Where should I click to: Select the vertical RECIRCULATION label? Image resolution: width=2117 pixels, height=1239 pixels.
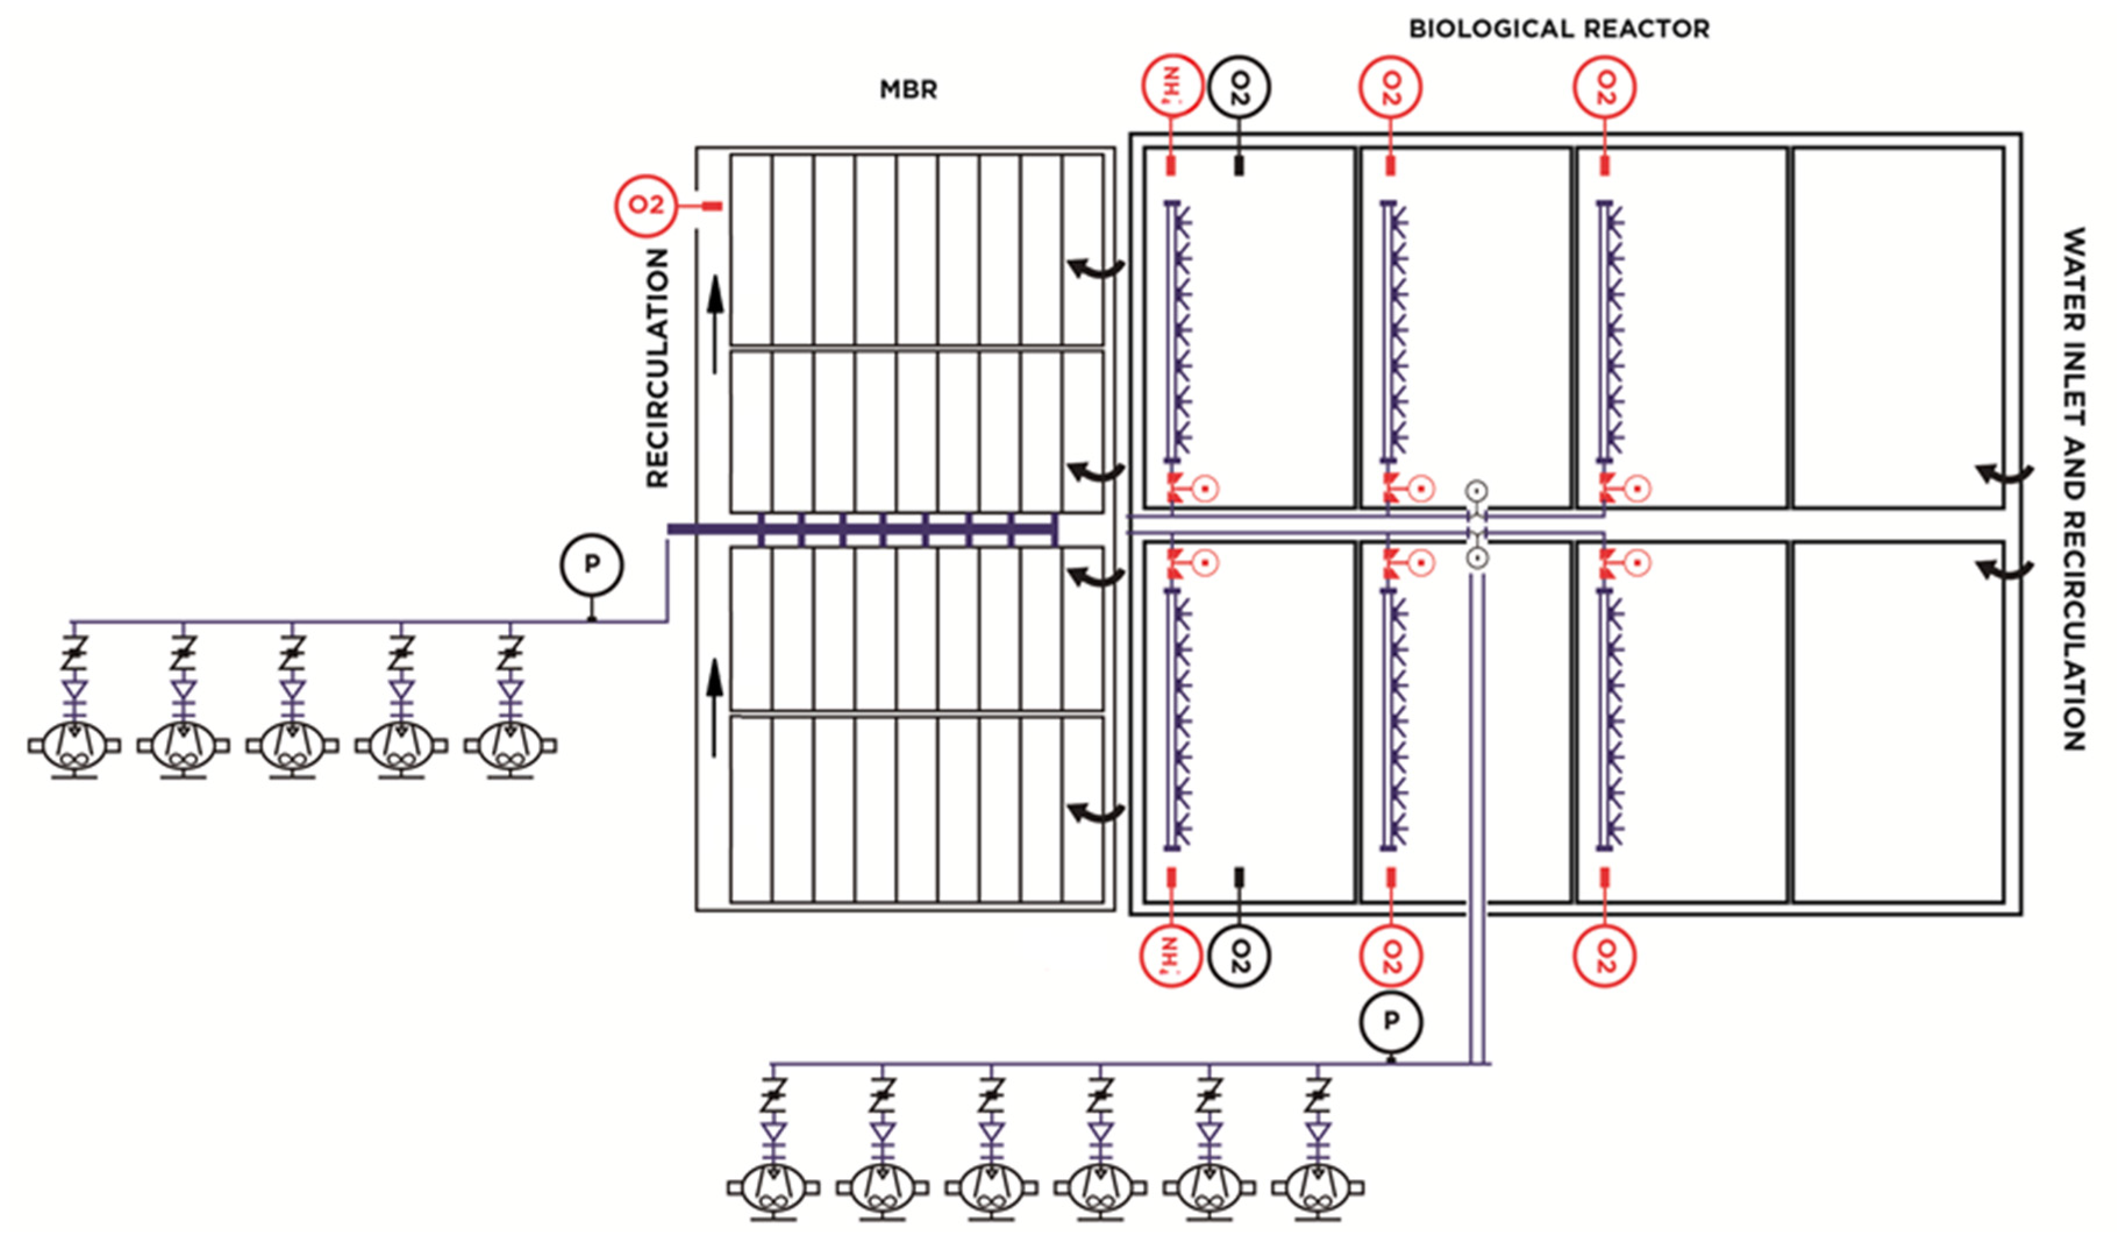click(x=657, y=368)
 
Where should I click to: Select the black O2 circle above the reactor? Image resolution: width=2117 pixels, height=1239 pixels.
click(x=1239, y=87)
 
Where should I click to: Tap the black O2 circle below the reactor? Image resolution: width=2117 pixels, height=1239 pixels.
click(x=1239, y=956)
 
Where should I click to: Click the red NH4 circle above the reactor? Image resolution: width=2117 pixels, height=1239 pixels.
click(x=1171, y=87)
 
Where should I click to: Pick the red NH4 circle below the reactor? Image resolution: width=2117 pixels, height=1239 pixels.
click(x=1170, y=956)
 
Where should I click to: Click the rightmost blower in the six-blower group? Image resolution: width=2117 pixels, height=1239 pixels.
click(x=1318, y=1188)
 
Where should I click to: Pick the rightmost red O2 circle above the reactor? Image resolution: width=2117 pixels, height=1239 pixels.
click(x=1605, y=87)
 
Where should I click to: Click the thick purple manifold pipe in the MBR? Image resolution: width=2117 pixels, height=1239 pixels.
click(x=865, y=529)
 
